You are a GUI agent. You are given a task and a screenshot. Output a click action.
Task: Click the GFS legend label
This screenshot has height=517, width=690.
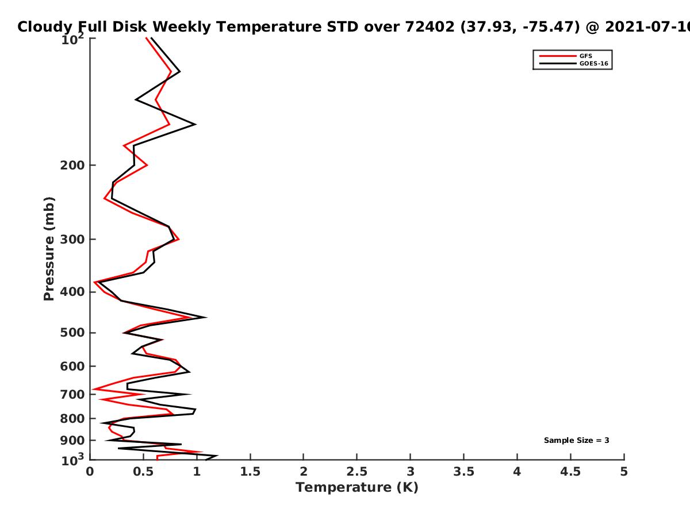[585, 56]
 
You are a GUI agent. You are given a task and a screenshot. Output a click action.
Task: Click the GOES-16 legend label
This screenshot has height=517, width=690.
[593, 64]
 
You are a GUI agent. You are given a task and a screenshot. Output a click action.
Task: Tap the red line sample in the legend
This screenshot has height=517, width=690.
[558, 56]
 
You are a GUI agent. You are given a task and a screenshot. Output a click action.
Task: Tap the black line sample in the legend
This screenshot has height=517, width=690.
[558, 64]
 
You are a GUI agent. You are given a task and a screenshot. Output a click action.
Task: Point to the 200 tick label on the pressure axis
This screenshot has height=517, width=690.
[72, 165]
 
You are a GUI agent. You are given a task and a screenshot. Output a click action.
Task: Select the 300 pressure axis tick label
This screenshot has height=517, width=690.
[72, 240]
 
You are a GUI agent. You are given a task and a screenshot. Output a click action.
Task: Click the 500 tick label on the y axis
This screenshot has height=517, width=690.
[72, 333]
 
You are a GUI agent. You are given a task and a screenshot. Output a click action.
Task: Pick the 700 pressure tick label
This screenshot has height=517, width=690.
[72, 395]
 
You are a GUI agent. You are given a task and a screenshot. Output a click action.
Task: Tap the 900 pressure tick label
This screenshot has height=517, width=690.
[72, 441]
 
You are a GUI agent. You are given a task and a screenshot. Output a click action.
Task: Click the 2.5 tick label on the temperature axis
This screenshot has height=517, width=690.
[357, 472]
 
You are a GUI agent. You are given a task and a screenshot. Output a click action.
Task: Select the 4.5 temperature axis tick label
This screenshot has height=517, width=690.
[570, 472]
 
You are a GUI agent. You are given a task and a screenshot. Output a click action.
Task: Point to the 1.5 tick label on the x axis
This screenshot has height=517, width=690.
[250, 472]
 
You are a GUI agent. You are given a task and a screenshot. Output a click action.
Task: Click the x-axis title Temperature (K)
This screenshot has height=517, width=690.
[357, 488]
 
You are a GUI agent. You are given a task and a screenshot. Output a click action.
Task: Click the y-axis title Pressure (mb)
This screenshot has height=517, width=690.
[49, 249]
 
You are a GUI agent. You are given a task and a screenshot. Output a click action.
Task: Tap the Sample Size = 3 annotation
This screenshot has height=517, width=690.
[577, 441]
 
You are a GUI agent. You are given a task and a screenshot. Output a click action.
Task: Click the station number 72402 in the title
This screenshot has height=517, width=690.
[430, 27]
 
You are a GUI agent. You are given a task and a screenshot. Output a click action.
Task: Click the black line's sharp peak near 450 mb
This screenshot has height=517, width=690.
[206, 317]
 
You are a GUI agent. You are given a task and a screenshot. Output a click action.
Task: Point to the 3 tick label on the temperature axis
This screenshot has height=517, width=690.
[410, 472]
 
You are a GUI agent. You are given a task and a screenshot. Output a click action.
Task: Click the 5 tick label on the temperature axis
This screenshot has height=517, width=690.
[624, 472]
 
